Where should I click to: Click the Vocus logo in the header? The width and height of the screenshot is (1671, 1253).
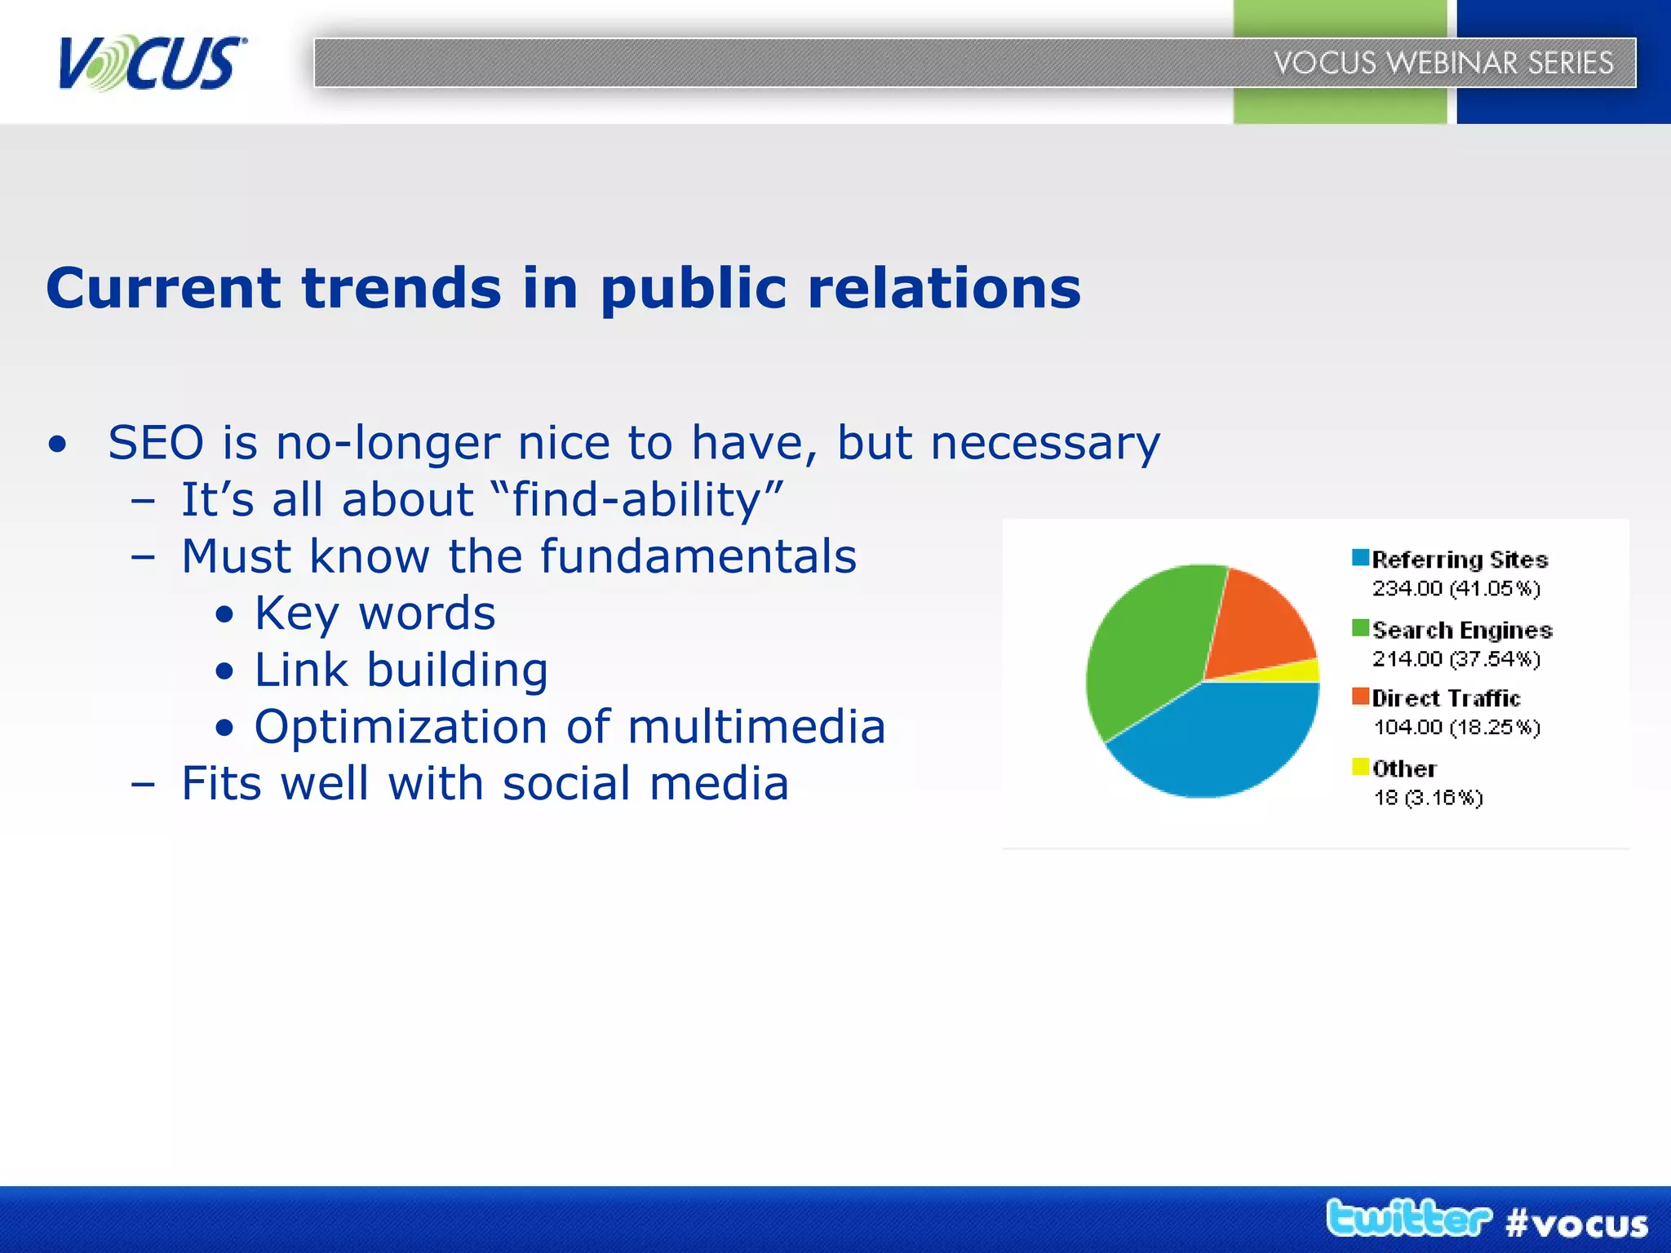click(x=152, y=64)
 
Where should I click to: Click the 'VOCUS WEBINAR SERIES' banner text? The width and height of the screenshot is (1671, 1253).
click(x=1443, y=63)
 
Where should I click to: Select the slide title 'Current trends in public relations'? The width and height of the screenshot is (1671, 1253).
click(x=563, y=288)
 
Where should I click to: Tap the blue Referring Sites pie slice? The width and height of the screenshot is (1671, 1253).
click(x=1216, y=742)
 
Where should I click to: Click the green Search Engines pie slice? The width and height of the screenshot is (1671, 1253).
click(x=1146, y=644)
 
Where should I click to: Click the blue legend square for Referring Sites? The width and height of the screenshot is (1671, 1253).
click(x=1360, y=558)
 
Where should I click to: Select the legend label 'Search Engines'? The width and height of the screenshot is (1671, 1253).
click(x=1461, y=630)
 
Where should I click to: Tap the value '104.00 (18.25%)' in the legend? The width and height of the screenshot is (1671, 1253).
click(x=1456, y=727)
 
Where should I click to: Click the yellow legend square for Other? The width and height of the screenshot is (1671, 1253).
click(x=1360, y=767)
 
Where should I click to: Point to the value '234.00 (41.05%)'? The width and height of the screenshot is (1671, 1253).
click(x=1456, y=588)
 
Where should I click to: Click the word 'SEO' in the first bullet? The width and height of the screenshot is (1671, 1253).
click(x=156, y=443)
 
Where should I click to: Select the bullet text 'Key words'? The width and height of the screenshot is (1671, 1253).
click(x=375, y=613)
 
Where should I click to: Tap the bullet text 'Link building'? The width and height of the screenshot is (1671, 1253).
click(x=401, y=671)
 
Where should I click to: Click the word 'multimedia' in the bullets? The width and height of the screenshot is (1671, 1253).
click(x=756, y=727)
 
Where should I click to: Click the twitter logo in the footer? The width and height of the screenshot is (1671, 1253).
click(x=1407, y=1219)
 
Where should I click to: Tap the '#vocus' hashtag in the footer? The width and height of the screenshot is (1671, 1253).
click(x=1576, y=1224)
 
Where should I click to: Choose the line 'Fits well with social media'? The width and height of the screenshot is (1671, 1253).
click(x=485, y=784)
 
